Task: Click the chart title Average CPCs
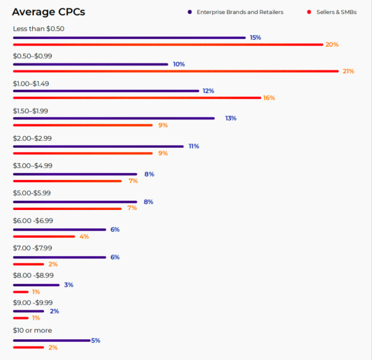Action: tap(48, 12)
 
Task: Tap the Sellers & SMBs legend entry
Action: tap(333, 12)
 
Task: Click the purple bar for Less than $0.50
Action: tap(129, 38)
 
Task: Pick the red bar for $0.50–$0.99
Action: tap(175, 71)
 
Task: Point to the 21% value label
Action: tap(348, 71)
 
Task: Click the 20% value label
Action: tap(332, 44)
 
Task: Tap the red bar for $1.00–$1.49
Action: tap(137, 98)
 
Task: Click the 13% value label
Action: tap(230, 118)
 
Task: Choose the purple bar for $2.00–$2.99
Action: tap(98, 147)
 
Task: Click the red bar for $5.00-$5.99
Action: tap(67, 208)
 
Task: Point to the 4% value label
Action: tap(84, 236)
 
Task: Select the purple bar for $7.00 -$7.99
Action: tap(59, 257)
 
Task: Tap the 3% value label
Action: tap(68, 285)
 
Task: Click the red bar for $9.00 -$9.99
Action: tap(21, 318)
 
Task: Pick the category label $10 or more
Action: tap(32, 331)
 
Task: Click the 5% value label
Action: tap(95, 341)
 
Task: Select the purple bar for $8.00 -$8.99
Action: tap(36, 285)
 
